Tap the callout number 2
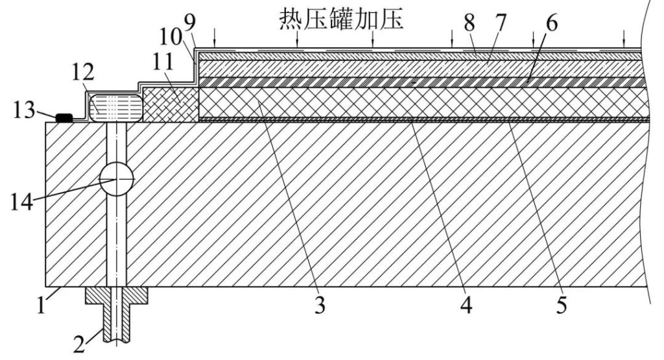point(78,342)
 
